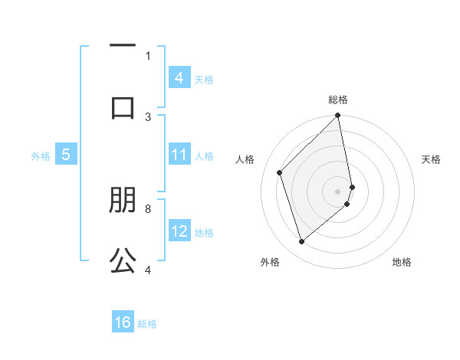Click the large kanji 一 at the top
click(123, 47)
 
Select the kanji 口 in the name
click(123, 106)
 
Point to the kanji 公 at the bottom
click(123, 261)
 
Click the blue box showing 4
click(179, 78)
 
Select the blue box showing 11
click(179, 155)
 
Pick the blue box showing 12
click(179, 231)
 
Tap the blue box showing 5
click(66, 155)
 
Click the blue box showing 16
click(123, 322)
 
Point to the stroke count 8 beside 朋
click(148, 208)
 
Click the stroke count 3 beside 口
click(148, 116)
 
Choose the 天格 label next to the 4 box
click(204, 79)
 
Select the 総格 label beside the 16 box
click(147, 324)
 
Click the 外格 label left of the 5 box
click(41, 156)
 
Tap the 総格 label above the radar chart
click(338, 100)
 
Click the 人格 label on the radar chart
click(245, 159)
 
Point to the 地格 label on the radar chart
click(402, 262)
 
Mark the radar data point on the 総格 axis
click(338, 116)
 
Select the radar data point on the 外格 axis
click(301, 242)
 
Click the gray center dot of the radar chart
click(338, 191)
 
